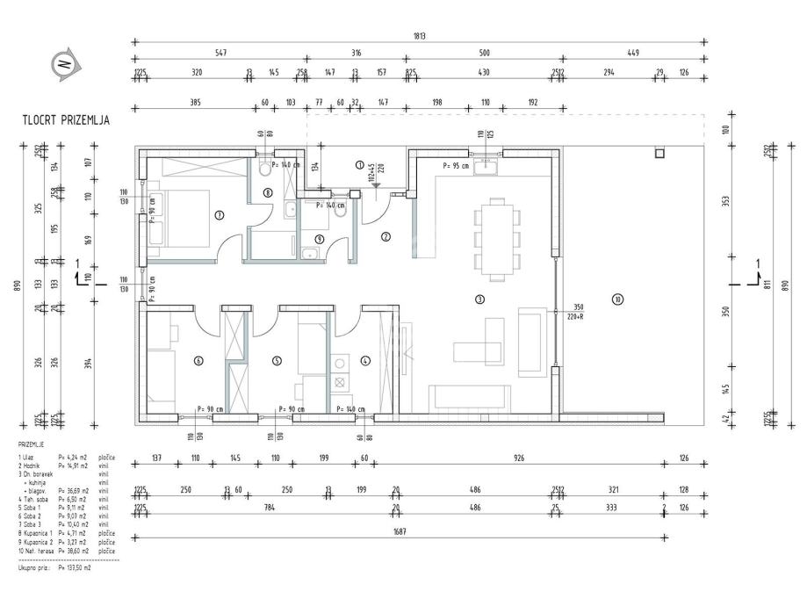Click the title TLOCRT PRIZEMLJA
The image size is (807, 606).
click(66, 120)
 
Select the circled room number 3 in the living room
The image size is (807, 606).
click(479, 299)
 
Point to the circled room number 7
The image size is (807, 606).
click(219, 213)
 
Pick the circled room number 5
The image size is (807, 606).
click(277, 360)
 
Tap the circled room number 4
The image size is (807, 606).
click(365, 360)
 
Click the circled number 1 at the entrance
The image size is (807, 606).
click(359, 164)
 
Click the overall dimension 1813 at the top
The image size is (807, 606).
click(422, 36)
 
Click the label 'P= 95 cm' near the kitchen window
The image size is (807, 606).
click(457, 165)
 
